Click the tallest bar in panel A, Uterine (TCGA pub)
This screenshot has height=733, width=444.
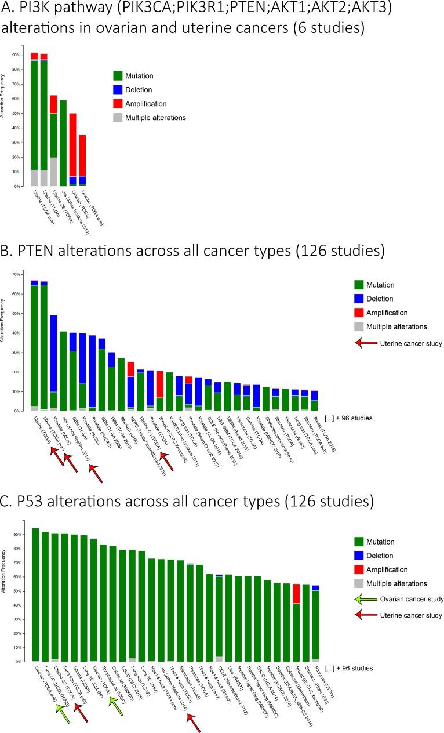point(34,122)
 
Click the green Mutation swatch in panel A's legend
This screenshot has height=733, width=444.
point(118,75)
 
